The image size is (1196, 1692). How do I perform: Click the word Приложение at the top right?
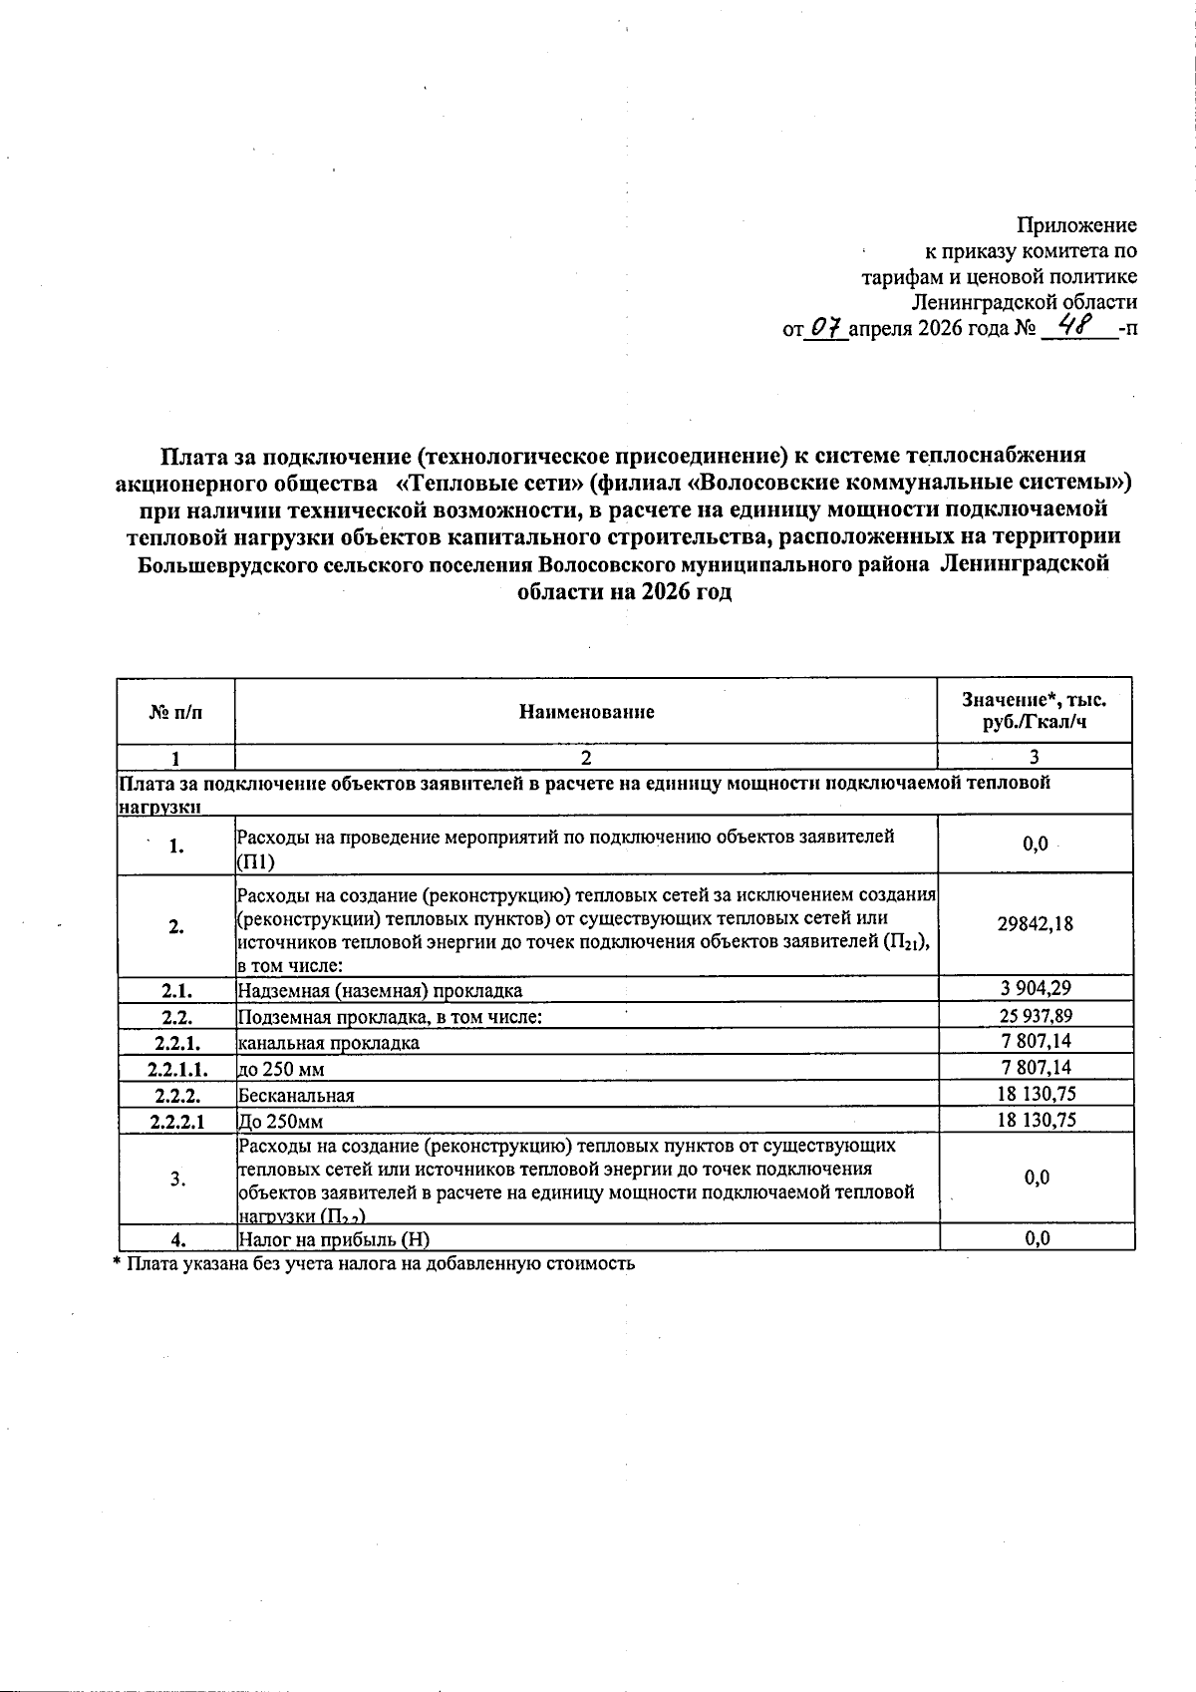pyautogui.click(x=1076, y=225)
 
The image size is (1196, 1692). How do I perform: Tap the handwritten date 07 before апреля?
pyautogui.click(x=826, y=328)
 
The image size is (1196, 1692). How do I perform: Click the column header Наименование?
pyautogui.click(x=586, y=712)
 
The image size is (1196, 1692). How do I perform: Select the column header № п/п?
pyautogui.click(x=175, y=712)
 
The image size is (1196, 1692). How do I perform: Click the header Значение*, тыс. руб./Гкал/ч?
pyautogui.click(x=1035, y=711)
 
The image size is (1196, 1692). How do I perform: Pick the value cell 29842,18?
pyautogui.click(x=1036, y=923)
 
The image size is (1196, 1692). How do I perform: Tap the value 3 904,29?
pyautogui.click(x=1036, y=989)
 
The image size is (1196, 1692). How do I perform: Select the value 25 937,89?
pyautogui.click(x=1036, y=1016)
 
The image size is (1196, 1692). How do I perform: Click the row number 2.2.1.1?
pyautogui.click(x=175, y=1069)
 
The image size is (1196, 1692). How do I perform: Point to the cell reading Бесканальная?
pyautogui.click(x=296, y=1095)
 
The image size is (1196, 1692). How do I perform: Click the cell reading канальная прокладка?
pyautogui.click(x=328, y=1043)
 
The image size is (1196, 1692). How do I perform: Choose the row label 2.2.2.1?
pyautogui.click(x=176, y=1121)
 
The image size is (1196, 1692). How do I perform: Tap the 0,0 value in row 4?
pyautogui.click(x=1037, y=1239)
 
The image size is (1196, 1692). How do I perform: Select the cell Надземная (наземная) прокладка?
pyautogui.click(x=380, y=990)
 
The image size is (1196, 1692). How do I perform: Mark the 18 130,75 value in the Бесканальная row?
pyautogui.click(x=1036, y=1094)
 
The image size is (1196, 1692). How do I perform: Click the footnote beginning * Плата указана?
pyautogui.click(x=374, y=1263)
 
